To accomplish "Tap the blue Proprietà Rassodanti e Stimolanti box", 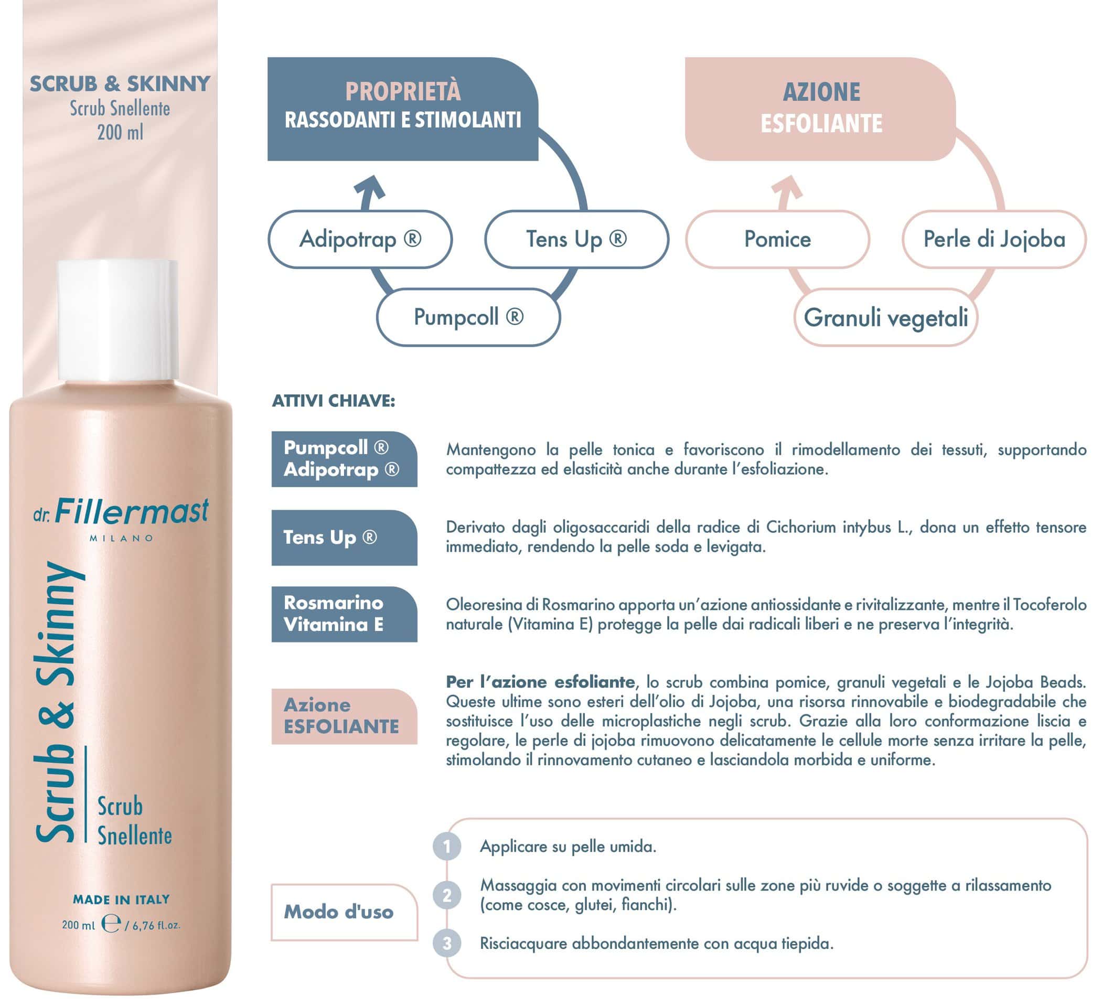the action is coord(402,109).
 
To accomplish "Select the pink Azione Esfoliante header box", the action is coord(820,109).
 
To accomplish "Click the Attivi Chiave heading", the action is coord(334,401).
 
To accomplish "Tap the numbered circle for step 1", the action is coord(447,847).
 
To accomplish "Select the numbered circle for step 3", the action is coord(447,944).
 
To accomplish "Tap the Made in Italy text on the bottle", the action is coord(122,899).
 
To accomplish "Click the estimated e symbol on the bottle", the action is coord(111,924).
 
